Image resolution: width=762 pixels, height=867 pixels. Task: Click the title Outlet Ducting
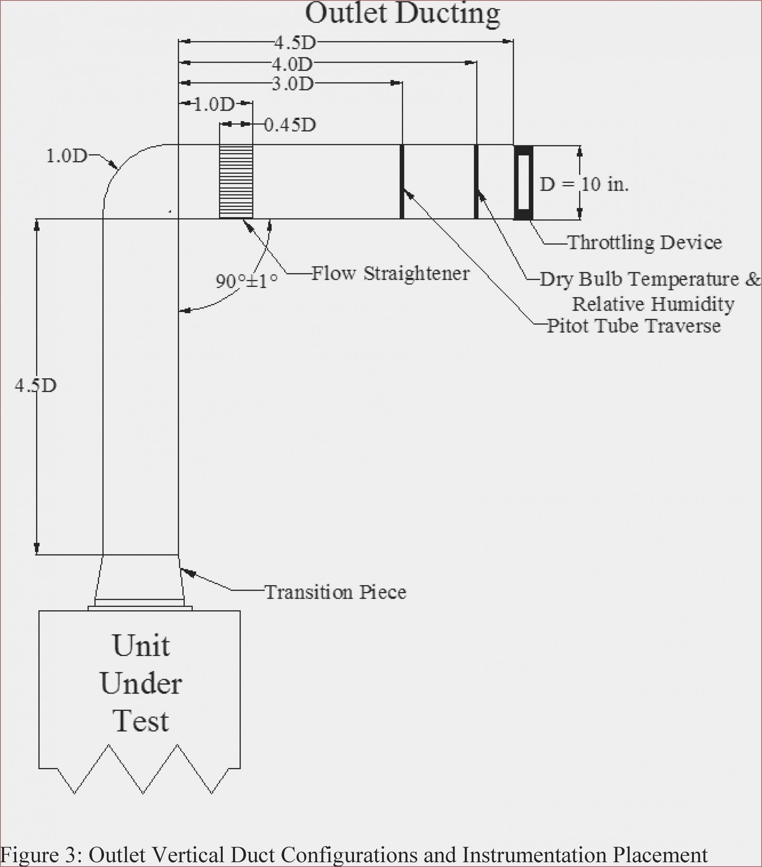(x=402, y=14)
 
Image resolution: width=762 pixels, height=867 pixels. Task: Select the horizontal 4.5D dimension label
(x=295, y=42)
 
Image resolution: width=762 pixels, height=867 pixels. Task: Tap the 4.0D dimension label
(x=292, y=64)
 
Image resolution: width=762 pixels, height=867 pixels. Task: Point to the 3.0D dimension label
(x=293, y=84)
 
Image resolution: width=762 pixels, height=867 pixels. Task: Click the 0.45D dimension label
(x=290, y=125)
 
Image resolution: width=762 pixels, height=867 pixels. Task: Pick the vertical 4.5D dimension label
(x=36, y=385)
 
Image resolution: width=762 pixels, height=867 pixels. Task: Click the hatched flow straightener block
(x=236, y=182)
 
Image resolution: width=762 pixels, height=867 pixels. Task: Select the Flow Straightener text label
(x=390, y=273)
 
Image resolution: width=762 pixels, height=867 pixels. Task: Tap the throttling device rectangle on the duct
(x=523, y=183)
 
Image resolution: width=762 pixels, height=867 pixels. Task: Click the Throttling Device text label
(x=644, y=242)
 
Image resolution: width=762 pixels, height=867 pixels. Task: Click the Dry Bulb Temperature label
(x=649, y=279)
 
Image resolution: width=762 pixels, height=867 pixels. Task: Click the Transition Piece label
(x=335, y=592)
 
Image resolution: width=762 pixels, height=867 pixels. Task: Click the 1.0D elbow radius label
(x=67, y=156)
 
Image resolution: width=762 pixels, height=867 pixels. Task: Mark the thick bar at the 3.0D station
(x=402, y=182)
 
